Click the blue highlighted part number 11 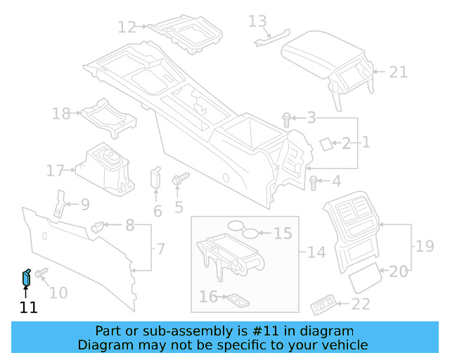coord(25,278)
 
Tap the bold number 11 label coord(29,307)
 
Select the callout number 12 coord(127,27)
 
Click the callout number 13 coord(257,21)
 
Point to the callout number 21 coord(399,72)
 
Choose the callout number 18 coord(61,114)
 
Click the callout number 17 coord(56,170)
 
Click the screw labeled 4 coord(314,183)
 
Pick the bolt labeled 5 coord(178,180)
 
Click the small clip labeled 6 coord(156,179)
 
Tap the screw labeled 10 coord(41,272)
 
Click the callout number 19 coord(425,246)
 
